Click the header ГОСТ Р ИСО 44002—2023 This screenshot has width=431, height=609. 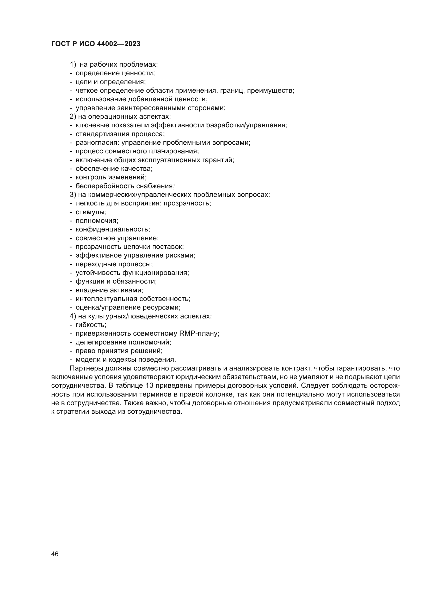pyautogui.click(x=96, y=44)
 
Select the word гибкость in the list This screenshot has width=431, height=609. pyautogui.click(x=91, y=325)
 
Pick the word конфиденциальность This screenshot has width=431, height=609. pyautogui.click(x=113, y=229)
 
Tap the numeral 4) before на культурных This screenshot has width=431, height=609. pyautogui.click(x=73, y=316)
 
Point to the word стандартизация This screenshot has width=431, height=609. pyautogui.click(x=102, y=134)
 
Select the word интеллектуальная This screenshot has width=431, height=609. pyautogui.click(x=106, y=299)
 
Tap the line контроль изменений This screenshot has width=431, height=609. pyautogui.click(x=111, y=177)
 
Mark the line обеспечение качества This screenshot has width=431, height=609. pyautogui.click(x=114, y=169)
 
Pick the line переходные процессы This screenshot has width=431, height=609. pyautogui.click(x=114, y=264)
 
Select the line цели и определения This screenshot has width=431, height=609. pyautogui.click(x=111, y=82)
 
